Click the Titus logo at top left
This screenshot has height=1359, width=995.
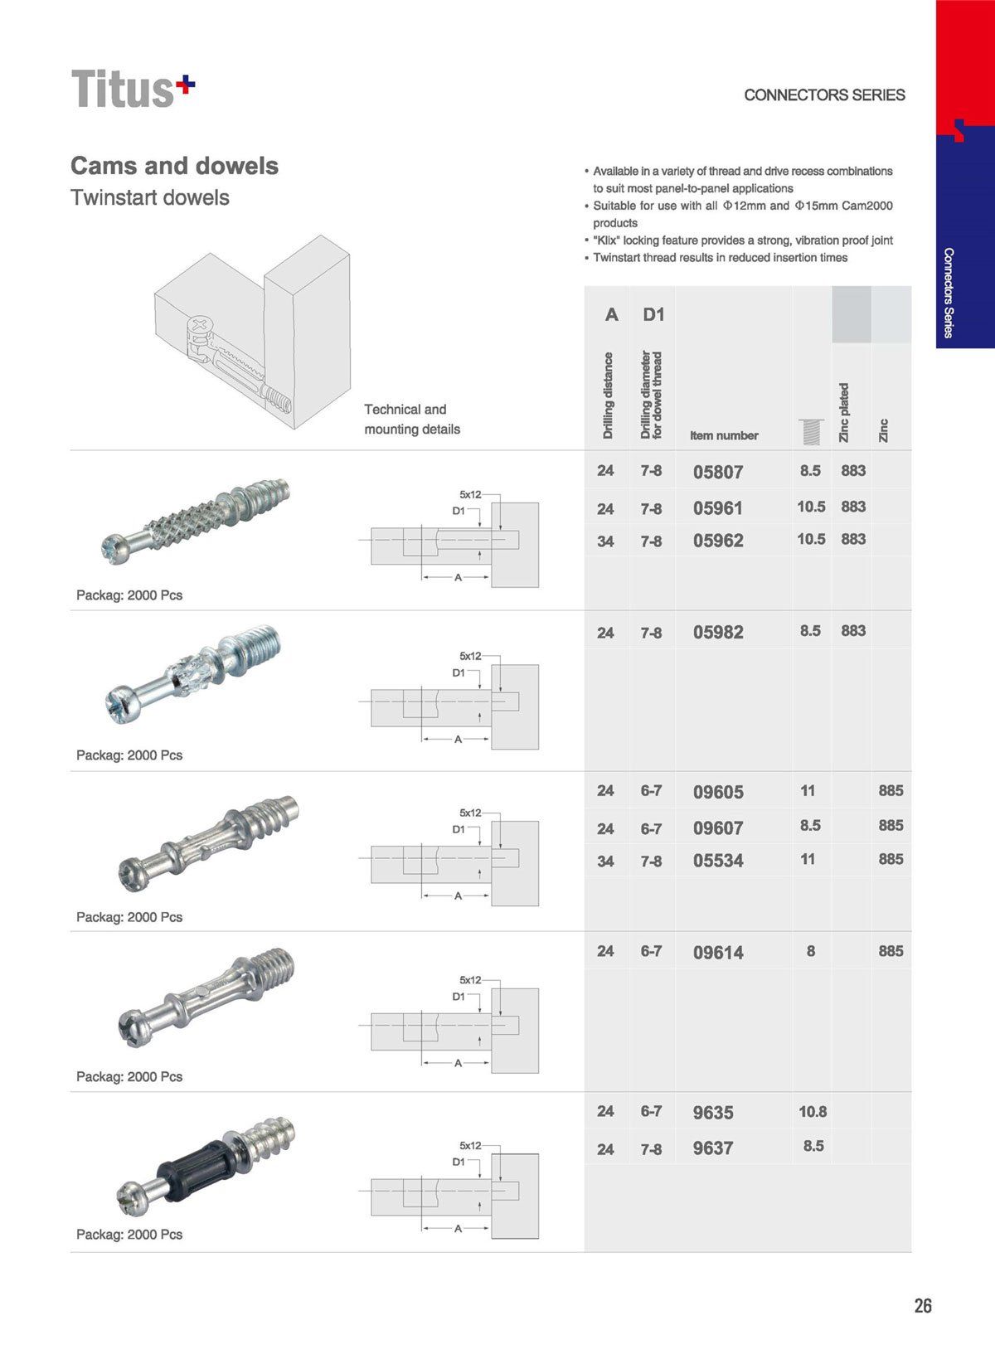point(133,89)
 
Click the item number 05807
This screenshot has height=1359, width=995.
point(718,473)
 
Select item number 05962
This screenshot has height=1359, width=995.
point(718,541)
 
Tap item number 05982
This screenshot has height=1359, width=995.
point(718,633)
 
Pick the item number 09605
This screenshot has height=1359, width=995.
point(718,793)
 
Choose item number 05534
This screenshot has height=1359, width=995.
point(718,862)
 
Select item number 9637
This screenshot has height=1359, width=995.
point(713,1149)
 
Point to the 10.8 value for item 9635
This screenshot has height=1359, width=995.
point(813,1112)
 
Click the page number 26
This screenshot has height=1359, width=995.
point(923,1306)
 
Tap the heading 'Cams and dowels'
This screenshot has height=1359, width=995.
point(174,166)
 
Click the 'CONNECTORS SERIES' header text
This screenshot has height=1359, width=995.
point(824,95)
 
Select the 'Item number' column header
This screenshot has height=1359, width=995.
point(724,435)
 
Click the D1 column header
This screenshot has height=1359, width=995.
point(653,315)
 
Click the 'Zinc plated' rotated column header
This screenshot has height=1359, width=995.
point(845,412)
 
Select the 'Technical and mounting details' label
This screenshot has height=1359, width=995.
point(412,420)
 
